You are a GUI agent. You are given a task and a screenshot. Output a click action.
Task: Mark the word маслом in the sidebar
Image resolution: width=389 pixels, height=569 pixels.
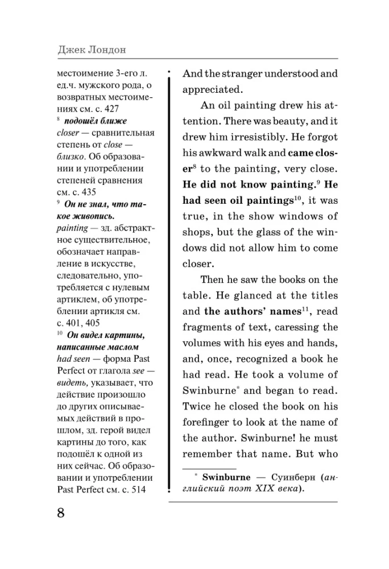click(x=125, y=347)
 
